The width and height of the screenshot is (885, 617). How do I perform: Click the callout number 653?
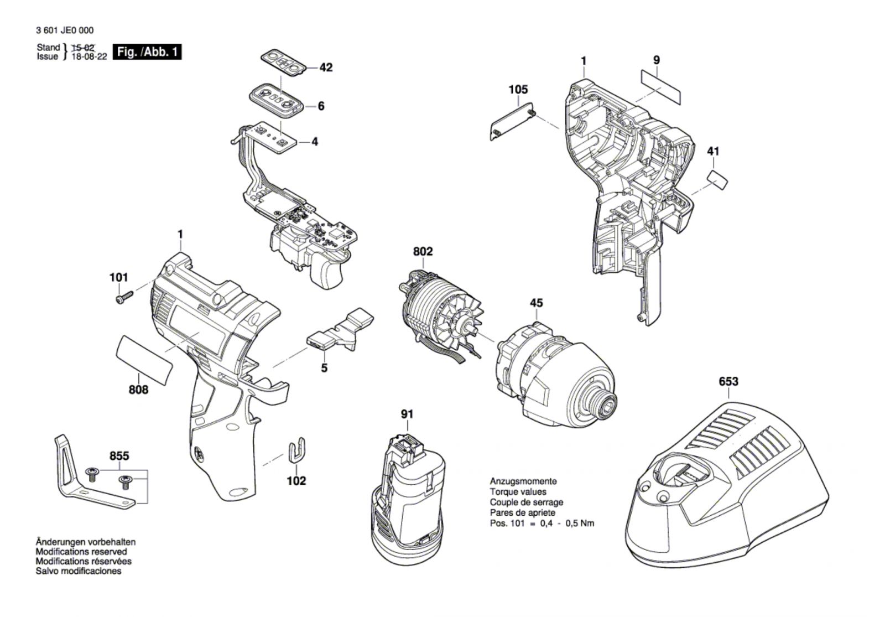pyautogui.click(x=728, y=381)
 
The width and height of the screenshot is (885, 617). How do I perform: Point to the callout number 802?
pyautogui.click(x=423, y=251)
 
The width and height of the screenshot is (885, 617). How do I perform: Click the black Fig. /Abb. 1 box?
pyautogui.click(x=147, y=52)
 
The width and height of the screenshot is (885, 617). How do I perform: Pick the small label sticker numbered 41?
pyautogui.click(x=717, y=180)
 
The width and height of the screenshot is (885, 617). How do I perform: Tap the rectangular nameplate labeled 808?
pyautogui.click(x=144, y=360)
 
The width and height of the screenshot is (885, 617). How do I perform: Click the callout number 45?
pyautogui.click(x=536, y=303)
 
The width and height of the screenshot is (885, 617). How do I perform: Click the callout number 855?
pyautogui.click(x=119, y=456)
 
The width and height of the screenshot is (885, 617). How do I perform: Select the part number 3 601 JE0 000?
pyautogui.click(x=65, y=30)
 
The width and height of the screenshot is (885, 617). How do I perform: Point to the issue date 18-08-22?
pyautogui.click(x=89, y=56)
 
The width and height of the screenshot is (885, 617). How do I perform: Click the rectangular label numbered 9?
pyautogui.click(x=661, y=87)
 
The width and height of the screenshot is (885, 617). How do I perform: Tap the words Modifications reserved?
pyautogui.click(x=81, y=551)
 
